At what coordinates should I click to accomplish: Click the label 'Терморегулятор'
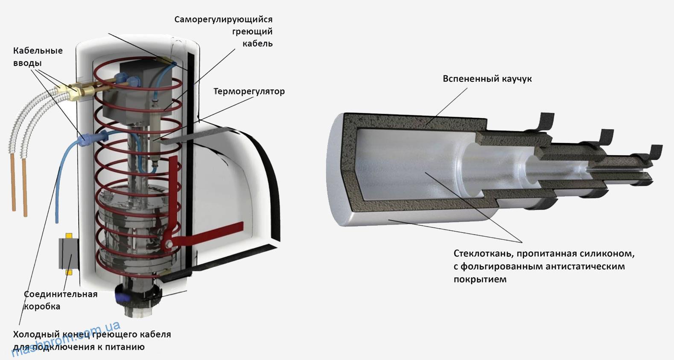tap(249, 91)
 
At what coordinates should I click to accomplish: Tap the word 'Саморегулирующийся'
tap(223, 20)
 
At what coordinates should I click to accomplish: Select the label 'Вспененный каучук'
tap(487, 79)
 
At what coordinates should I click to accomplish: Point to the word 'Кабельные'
tap(38, 50)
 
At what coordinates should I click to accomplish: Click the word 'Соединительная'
tap(61, 294)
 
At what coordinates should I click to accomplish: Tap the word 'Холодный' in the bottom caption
tap(36, 334)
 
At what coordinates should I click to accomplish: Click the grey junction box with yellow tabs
tap(69, 254)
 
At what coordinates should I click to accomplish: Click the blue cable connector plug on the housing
tap(93, 138)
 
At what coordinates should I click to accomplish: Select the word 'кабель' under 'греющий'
tap(257, 44)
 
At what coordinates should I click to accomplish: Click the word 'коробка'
tap(42, 306)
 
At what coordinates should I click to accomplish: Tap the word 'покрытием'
tap(480, 279)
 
